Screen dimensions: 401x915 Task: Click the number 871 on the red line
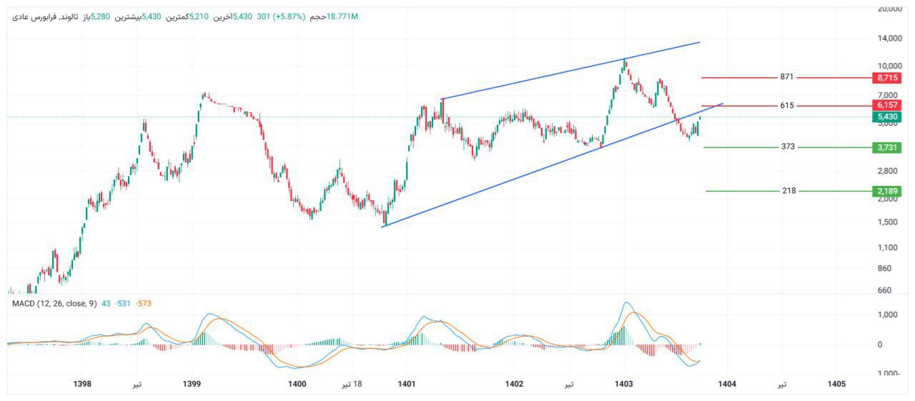click(x=787, y=76)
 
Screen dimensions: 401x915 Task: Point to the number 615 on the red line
click(x=787, y=105)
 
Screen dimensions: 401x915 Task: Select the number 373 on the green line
click(x=788, y=147)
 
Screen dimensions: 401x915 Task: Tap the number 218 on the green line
click(x=789, y=191)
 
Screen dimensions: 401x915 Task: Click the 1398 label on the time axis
click(x=82, y=385)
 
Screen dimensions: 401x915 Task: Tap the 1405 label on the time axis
click(x=836, y=385)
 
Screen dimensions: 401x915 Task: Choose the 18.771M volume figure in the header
click(x=341, y=16)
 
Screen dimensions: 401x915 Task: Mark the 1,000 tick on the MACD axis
click(x=889, y=315)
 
